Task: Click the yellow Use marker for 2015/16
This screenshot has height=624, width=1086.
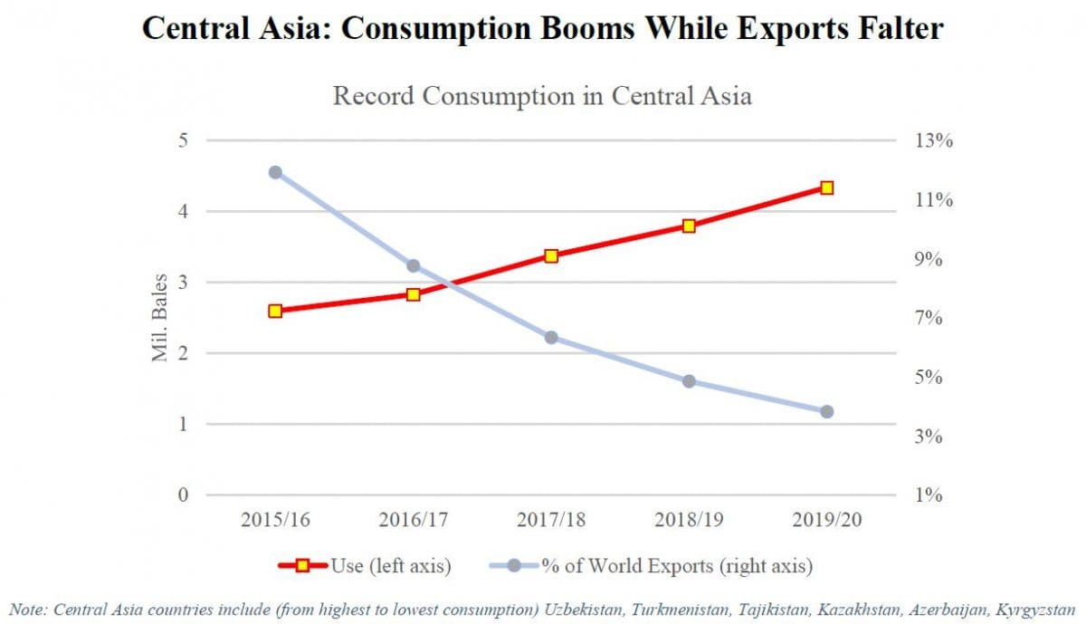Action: pyautogui.click(x=276, y=311)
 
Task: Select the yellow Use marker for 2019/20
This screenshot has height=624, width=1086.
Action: pyautogui.click(x=826, y=187)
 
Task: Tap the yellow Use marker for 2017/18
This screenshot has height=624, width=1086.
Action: pyautogui.click(x=551, y=256)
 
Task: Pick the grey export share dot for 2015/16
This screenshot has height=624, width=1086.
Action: pyautogui.click(x=276, y=172)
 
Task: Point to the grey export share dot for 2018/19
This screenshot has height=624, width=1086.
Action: pyautogui.click(x=689, y=381)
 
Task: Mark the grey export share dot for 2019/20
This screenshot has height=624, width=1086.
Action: pyautogui.click(x=826, y=411)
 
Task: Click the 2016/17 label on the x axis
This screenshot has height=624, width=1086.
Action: pyautogui.click(x=413, y=522)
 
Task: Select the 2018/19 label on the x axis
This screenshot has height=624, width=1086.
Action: pyautogui.click(x=689, y=522)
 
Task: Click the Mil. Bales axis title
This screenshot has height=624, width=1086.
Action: pyautogui.click(x=161, y=318)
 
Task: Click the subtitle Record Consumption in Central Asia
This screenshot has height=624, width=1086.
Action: pyautogui.click(x=542, y=95)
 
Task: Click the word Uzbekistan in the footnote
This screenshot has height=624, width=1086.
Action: pyautogui.click(x=588, y=610)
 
